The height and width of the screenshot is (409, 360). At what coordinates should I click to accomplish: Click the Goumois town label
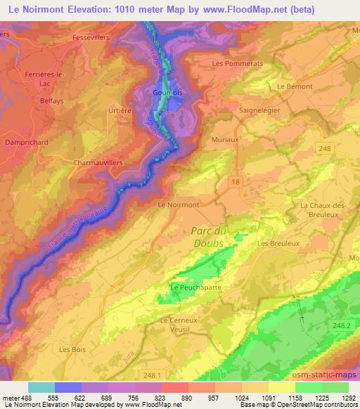point(165,91)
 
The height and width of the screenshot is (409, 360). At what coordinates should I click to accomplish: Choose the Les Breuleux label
point(278,244)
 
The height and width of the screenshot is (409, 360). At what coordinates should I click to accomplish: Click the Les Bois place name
point(72,349)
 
